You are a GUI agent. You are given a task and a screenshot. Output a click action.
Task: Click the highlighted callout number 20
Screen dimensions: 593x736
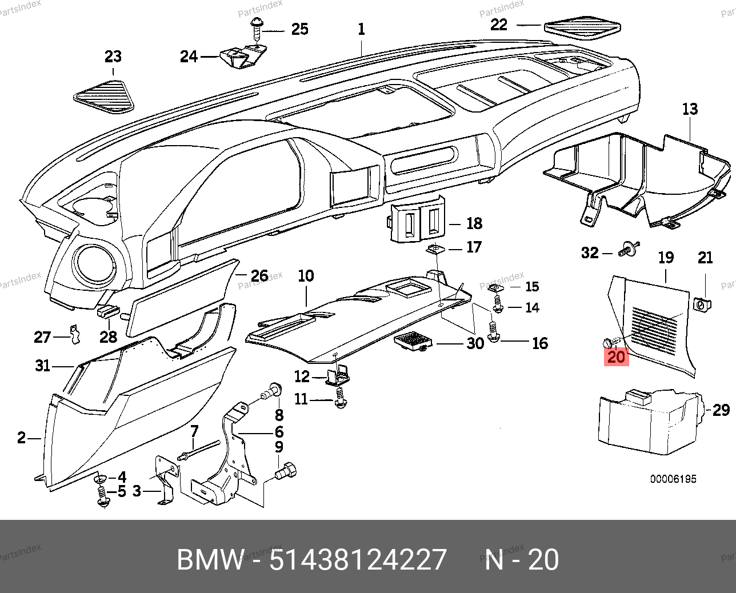tap(617, 357)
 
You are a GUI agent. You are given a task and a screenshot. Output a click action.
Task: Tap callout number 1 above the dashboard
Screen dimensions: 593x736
tap(361, 29)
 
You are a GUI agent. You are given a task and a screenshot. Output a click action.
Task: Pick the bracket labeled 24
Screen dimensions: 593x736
tap(240, 58)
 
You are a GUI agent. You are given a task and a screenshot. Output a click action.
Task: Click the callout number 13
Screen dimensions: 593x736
tap(690, 109)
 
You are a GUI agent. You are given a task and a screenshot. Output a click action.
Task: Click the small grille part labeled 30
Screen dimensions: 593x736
tap(413, 342)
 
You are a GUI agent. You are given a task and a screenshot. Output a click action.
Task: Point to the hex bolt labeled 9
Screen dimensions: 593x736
tap(286, 472)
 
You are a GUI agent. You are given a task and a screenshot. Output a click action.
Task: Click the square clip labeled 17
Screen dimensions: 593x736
tap(435, 249)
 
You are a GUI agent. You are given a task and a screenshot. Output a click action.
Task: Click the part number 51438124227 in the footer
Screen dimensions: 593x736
tap(358, 559)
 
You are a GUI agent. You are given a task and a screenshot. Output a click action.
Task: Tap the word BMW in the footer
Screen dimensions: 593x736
tap(210, 559)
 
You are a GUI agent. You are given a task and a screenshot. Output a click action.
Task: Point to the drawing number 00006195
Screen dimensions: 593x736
tap(673, 479)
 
